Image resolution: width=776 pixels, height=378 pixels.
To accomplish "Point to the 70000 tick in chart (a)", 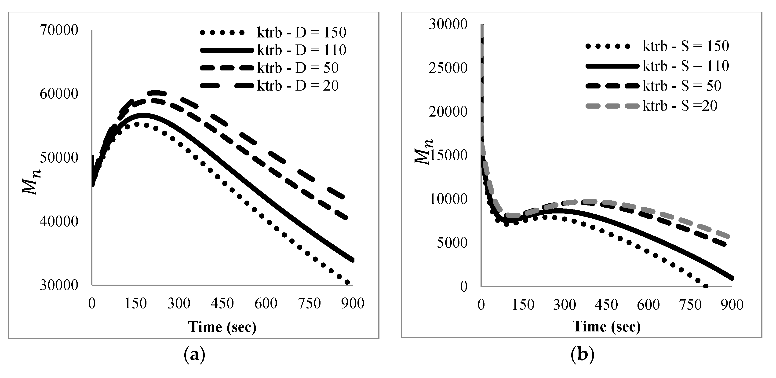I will click(59, 30).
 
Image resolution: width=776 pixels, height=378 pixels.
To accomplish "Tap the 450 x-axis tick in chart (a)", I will click(222, 303).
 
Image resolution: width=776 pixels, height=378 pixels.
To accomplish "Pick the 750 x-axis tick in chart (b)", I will click(690, 305).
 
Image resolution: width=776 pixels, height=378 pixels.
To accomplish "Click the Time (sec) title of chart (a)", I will click(222, 327).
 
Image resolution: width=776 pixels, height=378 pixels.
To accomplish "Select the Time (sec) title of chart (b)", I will click(606, 327).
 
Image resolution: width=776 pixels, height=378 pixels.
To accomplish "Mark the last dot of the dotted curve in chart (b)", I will click(706, 286).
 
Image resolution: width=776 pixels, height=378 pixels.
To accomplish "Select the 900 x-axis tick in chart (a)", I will click(353, 303).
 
